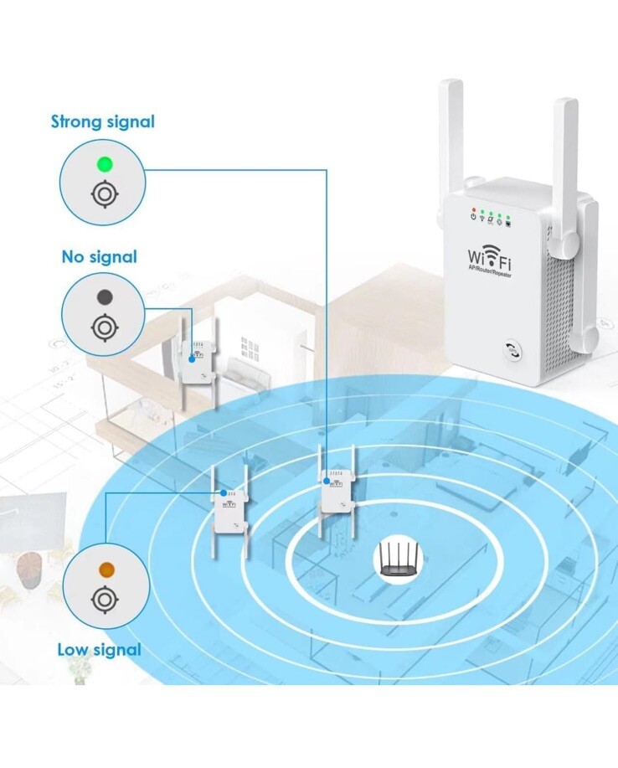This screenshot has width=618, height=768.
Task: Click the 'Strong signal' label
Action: click(x=103, y=121)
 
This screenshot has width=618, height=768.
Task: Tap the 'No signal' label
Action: click(x=99, y=256)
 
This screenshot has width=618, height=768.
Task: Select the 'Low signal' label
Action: click(x=99, y=649)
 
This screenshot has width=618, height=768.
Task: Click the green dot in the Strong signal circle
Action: click(x=104, y=163)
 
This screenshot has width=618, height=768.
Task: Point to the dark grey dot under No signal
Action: click(x=104, y=296)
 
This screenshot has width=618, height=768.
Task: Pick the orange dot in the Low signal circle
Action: click(x=105, y=570)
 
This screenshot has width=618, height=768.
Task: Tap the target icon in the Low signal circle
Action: click(x=104, y=600)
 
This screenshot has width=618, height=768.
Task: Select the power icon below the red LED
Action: click(x=474, y=219)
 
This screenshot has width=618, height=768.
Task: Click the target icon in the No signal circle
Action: click(x=104, y=326)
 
